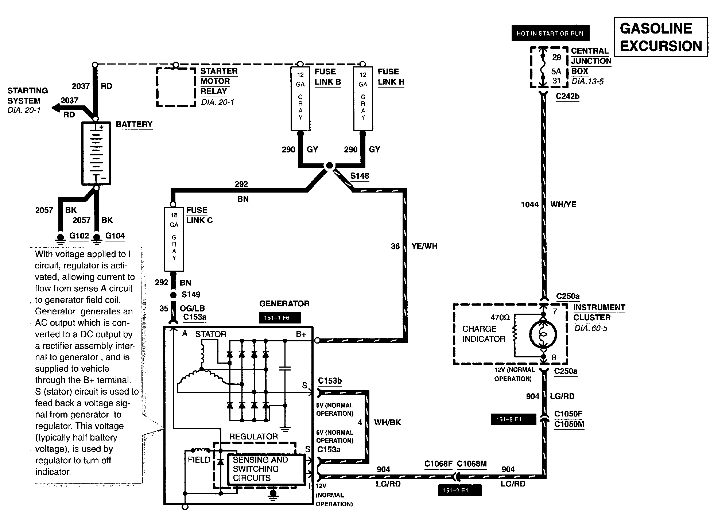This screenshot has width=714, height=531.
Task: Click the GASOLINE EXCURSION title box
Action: click(660, 37)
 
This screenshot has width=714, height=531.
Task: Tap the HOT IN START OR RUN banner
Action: click(550, 34)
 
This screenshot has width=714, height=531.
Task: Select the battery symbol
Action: click(96, 153)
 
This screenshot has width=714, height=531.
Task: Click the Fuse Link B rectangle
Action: click(300, 98)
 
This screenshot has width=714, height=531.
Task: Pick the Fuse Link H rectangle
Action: click(363, 98)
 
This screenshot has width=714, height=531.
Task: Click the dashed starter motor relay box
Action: click(176, 87)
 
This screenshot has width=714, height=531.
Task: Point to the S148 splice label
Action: click(360, 176)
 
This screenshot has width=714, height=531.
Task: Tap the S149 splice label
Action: click(191, 295)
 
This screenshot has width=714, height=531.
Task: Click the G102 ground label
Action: click(79, 236)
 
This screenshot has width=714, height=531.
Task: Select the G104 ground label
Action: click(115, 236)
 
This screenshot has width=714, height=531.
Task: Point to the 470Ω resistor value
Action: click(500, 318)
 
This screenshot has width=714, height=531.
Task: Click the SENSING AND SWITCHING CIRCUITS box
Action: click(266, 469)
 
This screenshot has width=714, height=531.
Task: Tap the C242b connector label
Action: click(567, 97)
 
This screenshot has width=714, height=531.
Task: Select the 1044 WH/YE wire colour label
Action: click(563, 205)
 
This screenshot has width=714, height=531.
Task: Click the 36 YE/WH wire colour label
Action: click(424, 247)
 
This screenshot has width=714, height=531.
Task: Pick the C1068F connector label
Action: click(438, 464)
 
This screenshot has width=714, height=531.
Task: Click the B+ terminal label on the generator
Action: click(301, 334)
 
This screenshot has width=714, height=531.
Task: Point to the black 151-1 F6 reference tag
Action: click(280, 318)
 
